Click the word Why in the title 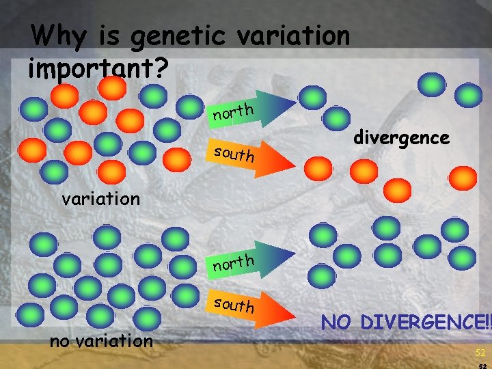pyautogui.click(x=54, y=34)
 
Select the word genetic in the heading pyautogui.click(x=172, y=36)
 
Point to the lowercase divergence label pyautogui.click(x=401, y=137)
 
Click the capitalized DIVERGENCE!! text pyautogui.click(x=431, y=322)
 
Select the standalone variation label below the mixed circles pyautogui.click(x=100, y=199)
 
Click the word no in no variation pyautogui.click(x=61, y=340)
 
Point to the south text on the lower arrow pyautogui.click(x=234, y=304)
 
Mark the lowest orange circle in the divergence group pyautogui.click(x=398, y=188)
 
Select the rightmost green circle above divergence pyautogui.click(x=468, y=96)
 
